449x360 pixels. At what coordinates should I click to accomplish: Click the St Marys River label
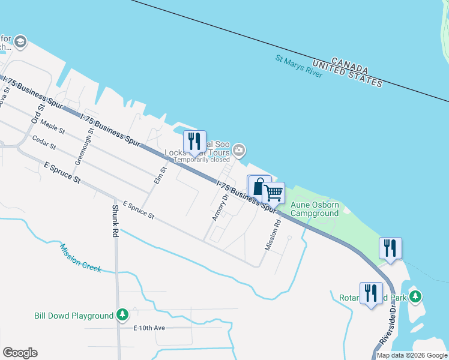click(x=299, y=66)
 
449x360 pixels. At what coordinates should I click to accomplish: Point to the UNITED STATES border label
click(x=347, y=75)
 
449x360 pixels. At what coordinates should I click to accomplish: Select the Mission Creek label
click(x=80, y=257)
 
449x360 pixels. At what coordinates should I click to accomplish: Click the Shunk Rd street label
click(x=115, y=221)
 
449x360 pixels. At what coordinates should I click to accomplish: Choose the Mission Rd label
click(x=273, y=235)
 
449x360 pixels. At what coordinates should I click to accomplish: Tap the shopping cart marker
click(x=273, y=193)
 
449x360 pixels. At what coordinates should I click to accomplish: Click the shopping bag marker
click(x=259, y=187)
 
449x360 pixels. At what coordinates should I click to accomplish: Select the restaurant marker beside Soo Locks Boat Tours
click(x=194, y=142)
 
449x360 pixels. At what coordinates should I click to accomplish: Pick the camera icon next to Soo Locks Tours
click(x=239, y=150)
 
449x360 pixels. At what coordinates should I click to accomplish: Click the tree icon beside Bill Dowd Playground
click(x=122, y=315)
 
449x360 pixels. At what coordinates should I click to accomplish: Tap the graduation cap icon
click(x=20, y=42)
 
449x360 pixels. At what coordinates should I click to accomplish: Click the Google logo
click(x=20, y=353)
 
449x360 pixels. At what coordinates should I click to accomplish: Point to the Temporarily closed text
click(x=202, y=160)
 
